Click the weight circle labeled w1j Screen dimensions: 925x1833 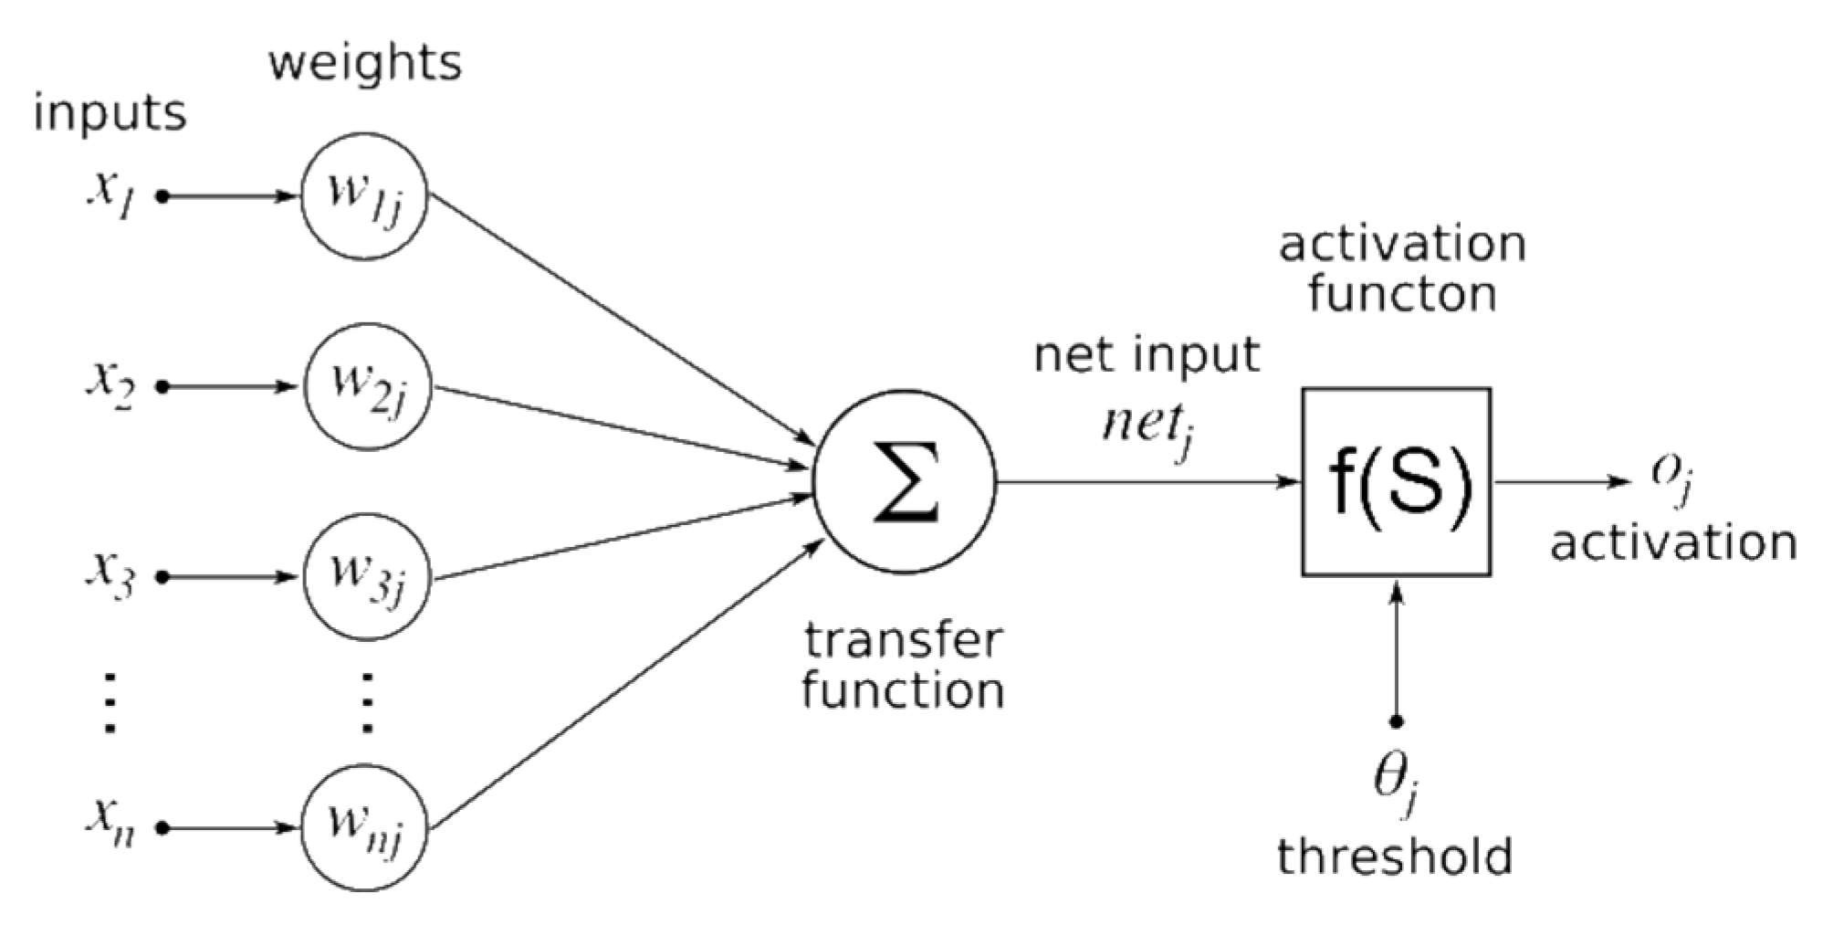click(365, 195)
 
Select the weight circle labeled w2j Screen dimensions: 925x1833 click(367, 386)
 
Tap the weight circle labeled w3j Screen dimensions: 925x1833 click(367, 576)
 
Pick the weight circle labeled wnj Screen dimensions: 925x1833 click(365, 827)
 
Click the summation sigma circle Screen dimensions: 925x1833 click(905, 481)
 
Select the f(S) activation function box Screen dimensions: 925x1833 click(1396, 481)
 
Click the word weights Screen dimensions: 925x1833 click(365, 63)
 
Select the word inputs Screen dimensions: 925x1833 click(110, 114)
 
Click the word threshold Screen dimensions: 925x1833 click(1394, 857)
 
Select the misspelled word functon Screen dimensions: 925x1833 click(1402, 294)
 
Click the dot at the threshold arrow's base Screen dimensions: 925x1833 click(1396, 721)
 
